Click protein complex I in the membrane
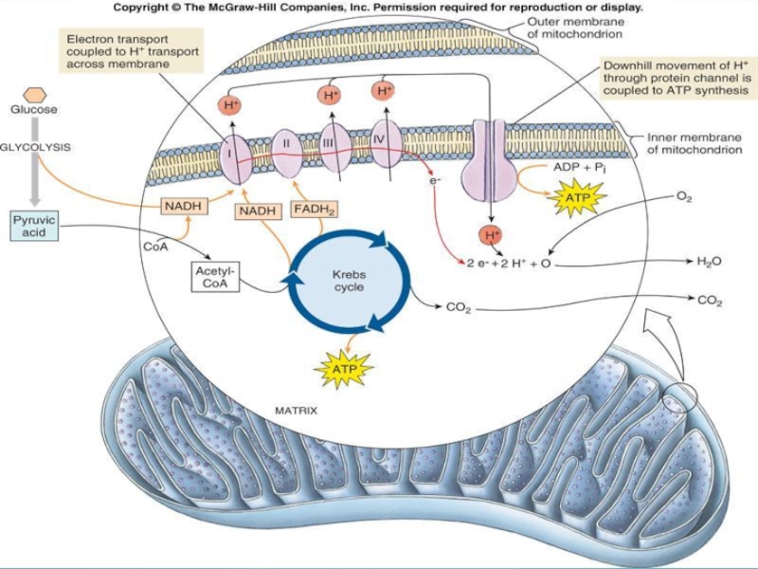click(x=231, y=152)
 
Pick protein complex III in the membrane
click(x=333, y=144)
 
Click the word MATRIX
click(x=296, y=412)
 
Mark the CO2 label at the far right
click(x=710, y=302)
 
